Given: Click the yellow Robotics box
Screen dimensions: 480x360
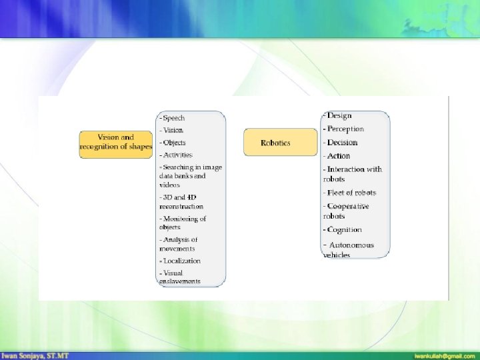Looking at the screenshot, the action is (x=280, y=143).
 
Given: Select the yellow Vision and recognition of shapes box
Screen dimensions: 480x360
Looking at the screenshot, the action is (x=116, y=142).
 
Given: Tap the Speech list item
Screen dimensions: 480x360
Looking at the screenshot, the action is (x=172, y=118).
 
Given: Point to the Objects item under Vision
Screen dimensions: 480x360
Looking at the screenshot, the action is (x=173, y=143).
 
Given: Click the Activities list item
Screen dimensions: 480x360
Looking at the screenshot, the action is (x=175, y=155).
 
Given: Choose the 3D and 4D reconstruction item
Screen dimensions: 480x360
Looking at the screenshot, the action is (x=181, y=201).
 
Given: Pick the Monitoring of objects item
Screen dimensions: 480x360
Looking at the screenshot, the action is (x=182, y=223).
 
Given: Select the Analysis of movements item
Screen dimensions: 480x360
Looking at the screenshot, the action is (x=179, y=244).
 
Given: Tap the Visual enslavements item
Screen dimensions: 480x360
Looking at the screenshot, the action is (x=179, y=277).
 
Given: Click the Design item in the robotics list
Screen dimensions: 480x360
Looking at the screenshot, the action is (x=338, y=115).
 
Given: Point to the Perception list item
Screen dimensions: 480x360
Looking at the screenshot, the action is (x=344, y=129).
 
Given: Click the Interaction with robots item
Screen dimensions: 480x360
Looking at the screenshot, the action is (x=353, y=174).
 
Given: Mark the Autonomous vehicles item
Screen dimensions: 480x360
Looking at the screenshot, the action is (x=349, y=249).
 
